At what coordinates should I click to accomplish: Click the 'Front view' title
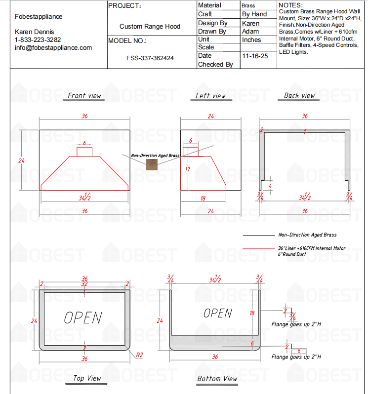point(84,95)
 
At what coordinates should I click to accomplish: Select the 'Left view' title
point(210,96)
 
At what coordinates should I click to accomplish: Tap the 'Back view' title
point(299,95)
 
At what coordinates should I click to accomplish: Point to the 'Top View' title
point(87,378)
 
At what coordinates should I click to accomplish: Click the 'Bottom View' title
point(217,378)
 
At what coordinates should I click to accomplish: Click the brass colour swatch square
point(152,164)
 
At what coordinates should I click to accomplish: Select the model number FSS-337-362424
point(150,58)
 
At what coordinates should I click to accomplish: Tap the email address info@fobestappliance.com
point(53,48)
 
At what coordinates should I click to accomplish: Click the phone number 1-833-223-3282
point(38,39)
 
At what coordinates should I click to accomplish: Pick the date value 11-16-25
point(255,56)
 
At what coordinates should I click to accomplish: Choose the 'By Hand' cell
point(254,14)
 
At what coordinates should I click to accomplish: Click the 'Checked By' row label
point(215,65)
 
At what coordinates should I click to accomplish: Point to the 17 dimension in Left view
point(188,170)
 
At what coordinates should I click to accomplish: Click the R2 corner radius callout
point(139,355)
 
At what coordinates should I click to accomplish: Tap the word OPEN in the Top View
point(83,318)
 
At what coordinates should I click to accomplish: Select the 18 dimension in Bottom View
point(252,313)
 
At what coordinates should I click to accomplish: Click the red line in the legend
point(259,248)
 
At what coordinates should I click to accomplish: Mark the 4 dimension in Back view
point(270,186)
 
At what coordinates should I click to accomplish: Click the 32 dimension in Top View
point(84,284)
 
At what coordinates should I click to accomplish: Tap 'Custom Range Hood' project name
point(150,26)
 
